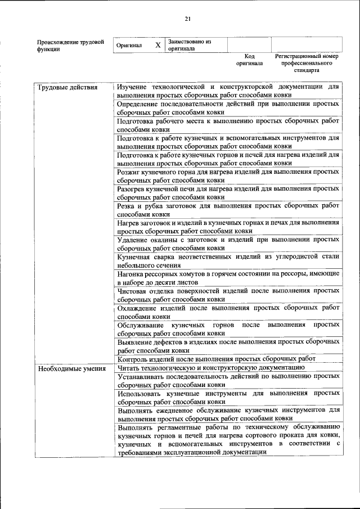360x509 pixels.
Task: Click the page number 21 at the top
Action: pyautogui.click(x=188, y=19)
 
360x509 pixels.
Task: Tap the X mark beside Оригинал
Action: pyautogui.click(x=158, y=45)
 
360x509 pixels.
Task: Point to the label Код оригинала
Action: pyautogui.click(x=250, y=60)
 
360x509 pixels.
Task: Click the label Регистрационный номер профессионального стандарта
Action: pyautogui.click(x=306, y=64)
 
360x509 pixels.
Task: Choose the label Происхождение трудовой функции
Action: pyautogui.click(x=70, y=45)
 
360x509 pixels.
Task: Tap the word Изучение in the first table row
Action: pyautogui.click(x=133, y=87)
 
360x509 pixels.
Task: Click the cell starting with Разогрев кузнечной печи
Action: pyautogui.click(x=228, y=193)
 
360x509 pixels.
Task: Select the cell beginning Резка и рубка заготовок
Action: pyautogui.click(x=228, y=210)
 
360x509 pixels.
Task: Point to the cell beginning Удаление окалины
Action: pyautogui.click(x=228, y=244)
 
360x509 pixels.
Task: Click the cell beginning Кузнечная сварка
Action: pyautogui.click(x=228, y=260)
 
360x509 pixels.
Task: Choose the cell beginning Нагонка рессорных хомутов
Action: pyautogui.click(x=228, y=277)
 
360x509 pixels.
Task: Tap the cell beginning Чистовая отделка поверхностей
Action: pyautogui.click(x=228, y=295)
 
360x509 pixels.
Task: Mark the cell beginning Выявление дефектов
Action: pyautogui.click(x=228, y=345)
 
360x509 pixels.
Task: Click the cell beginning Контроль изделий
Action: pyautogui.click(x=216, y=359)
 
